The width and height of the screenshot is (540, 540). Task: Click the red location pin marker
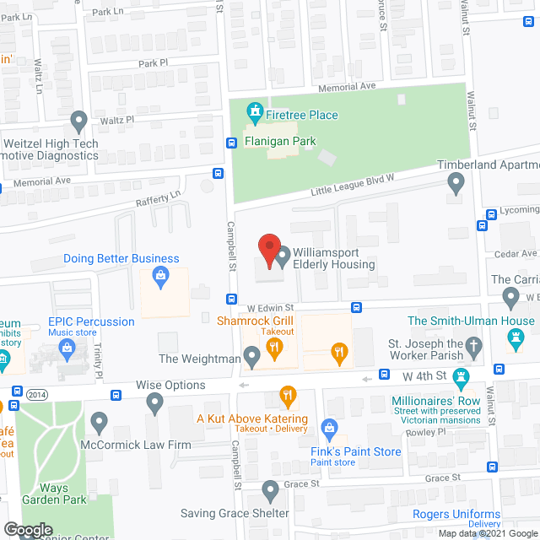tap(268, 250)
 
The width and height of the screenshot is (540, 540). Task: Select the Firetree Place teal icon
tap(252, 111)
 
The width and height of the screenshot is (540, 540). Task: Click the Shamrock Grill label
tap(255, 320)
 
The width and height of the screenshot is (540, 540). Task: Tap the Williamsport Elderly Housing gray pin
tap(283, 254)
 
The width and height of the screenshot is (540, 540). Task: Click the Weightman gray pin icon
tap(252, 359)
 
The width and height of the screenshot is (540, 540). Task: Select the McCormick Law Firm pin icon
tap(100, 420)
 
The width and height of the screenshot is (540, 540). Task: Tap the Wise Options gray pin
tap(154, 404)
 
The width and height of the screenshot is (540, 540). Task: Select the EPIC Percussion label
tap(91, 321)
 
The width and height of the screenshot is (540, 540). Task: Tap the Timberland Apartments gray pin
tap(456, 181)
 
